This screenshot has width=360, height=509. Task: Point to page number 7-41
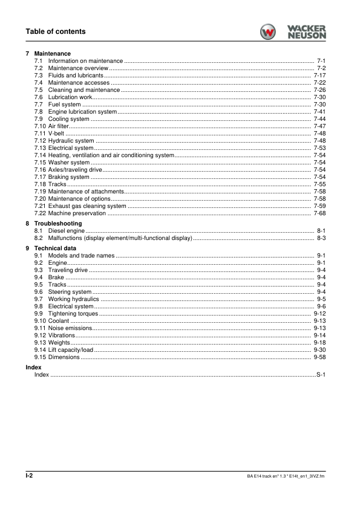coord(320,112)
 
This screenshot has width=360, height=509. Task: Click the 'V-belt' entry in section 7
coord(56,134)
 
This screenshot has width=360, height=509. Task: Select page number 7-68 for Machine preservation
coord(320,213)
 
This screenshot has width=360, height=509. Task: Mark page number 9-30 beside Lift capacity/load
coord(320,350)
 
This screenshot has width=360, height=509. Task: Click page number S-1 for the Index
coord(321,375)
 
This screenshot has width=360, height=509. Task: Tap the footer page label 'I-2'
coord(29,476)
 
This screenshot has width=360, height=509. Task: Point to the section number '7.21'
coord(40,206)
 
